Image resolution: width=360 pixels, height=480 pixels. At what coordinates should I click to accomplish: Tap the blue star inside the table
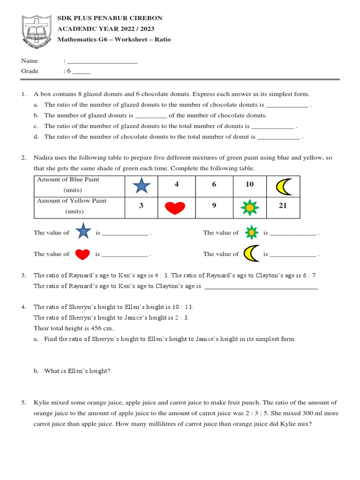pos(142,186)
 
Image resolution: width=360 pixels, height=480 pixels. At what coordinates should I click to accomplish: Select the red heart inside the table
pos(175,207)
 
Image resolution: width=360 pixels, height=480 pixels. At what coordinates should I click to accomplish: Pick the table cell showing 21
pos(283,205)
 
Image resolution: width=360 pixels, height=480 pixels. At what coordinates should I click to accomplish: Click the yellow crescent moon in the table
pos(283,186)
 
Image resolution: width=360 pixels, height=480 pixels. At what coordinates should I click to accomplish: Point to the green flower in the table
pos(250,207)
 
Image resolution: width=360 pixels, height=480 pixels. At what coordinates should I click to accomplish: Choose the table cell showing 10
pos(249,184)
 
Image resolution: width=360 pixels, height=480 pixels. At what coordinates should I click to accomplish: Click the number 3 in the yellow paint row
pos(141,206)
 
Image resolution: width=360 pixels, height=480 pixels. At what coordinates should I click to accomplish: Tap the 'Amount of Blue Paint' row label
pos(68,185)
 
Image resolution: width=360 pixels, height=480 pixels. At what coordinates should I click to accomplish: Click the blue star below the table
pos(83,232)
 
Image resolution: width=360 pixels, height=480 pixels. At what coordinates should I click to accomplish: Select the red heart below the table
pos(82,254)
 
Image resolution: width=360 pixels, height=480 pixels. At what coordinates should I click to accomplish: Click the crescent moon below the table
pos(251,254)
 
